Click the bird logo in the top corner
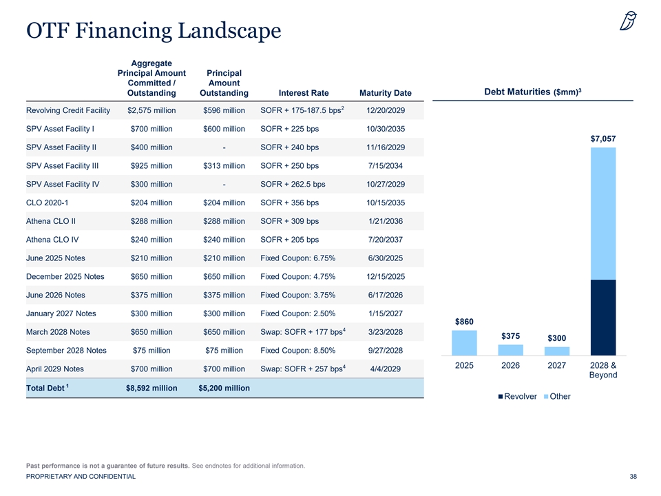pos(628,21)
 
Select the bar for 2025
pos(464,343)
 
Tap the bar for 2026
pos(510,350)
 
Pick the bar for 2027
pos(557,351)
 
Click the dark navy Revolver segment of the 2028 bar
pos(603,318)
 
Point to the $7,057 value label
pos(603,138)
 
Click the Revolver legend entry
pos(518,397)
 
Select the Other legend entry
pos(557,397)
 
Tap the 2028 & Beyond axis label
pos(603,371)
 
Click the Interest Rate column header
pos(304,93)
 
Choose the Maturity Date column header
pos(386,93)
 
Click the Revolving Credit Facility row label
pos(68,110)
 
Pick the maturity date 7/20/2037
pos(386,240)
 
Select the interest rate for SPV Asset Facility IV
pos(293,185)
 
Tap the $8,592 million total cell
pos(151,388)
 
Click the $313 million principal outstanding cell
pos(224,166)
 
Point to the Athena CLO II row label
pos(51,221)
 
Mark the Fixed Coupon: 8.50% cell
pos(298,351)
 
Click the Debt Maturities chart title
pos(533,92)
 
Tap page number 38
pos(633,477)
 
